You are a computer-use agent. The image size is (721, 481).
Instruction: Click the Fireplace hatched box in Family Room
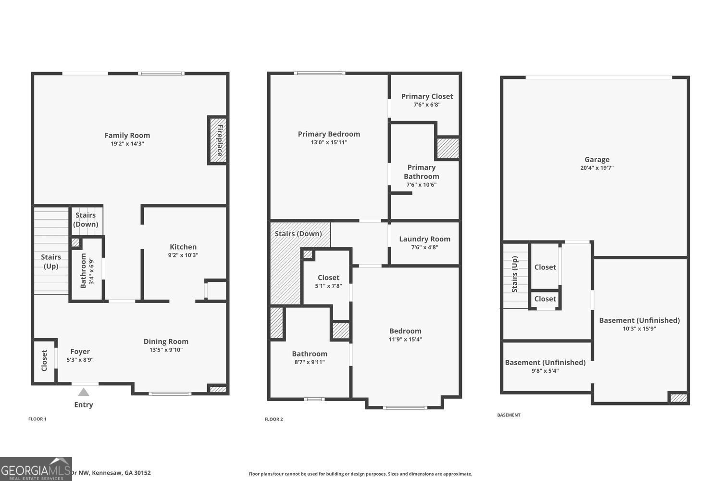tap(218, 140)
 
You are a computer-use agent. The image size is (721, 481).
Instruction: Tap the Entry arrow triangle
tap(84, 392)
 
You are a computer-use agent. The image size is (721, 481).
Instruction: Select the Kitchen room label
tap(183, 247)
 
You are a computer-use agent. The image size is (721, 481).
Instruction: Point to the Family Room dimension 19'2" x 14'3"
tap(127, 143)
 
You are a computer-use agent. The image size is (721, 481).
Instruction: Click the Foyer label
tap(80, 352)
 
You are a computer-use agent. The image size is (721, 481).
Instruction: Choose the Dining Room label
tap(166, 342)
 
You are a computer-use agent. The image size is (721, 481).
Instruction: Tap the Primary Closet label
tap(427, 96)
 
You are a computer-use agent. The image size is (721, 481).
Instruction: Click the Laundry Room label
tap(424, 239)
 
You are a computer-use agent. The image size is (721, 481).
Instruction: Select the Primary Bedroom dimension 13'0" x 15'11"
tap(329, 142)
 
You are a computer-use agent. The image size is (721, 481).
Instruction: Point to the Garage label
tap(597, 159)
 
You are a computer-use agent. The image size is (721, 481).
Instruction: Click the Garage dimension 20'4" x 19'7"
tap(597, 168)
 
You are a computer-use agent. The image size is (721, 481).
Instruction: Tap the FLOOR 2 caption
tap(273, 419)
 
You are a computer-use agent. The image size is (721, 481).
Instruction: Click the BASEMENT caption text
tap(509, 415)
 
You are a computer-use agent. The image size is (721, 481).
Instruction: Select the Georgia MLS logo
tap(36, 469)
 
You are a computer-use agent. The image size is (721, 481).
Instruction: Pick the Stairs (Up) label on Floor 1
tap(51, 262)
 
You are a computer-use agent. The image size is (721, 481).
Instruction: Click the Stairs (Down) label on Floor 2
tap(298, 234)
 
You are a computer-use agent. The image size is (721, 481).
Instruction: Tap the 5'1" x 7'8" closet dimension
tap(328, 286)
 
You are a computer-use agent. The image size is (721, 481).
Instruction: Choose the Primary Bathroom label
tap(422, 172)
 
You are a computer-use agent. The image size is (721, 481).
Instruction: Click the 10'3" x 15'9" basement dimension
tap(639, 329)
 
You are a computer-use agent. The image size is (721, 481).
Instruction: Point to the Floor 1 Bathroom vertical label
tap(83, 271)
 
